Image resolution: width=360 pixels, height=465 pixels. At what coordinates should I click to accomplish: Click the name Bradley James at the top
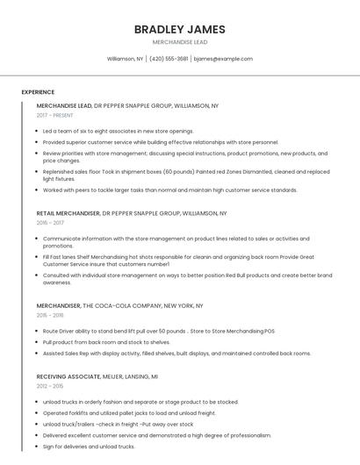(x=179, y=29)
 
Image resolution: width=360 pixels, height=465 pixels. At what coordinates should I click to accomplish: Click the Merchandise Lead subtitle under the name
(x=179, y=42)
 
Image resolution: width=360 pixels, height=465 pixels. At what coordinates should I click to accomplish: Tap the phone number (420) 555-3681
(x=169, y=59)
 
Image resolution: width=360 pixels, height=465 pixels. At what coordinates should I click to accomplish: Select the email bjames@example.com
(x=223, y=59)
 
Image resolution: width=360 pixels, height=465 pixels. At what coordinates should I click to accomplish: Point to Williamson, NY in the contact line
(x=125, y=59)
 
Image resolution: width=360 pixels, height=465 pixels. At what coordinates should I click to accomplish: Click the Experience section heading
(x=38, y=92)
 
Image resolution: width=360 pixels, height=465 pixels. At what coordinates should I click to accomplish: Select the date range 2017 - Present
(x=54, y=115)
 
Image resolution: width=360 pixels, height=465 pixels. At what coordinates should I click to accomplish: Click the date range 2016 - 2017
(x=50, y=223)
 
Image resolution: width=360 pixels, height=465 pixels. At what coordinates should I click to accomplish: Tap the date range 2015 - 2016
(x=50, y=315)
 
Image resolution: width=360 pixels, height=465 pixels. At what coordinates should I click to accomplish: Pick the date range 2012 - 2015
(x=50, y=385)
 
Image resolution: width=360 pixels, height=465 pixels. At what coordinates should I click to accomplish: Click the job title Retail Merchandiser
(x=68, y=213)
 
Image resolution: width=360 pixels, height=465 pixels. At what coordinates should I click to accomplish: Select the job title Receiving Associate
(x=64, y=376)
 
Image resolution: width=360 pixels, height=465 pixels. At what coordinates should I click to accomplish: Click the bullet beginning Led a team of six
(x=118, y=131)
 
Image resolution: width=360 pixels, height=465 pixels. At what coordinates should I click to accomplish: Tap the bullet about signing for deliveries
(x=89, y=447)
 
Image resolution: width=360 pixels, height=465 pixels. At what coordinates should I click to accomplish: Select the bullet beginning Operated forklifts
(x=129, y=412)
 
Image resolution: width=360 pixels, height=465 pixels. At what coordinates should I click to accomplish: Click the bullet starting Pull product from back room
(x=106, y=342)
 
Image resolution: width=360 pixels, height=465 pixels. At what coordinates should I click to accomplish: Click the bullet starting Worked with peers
(x=170, y=190)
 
